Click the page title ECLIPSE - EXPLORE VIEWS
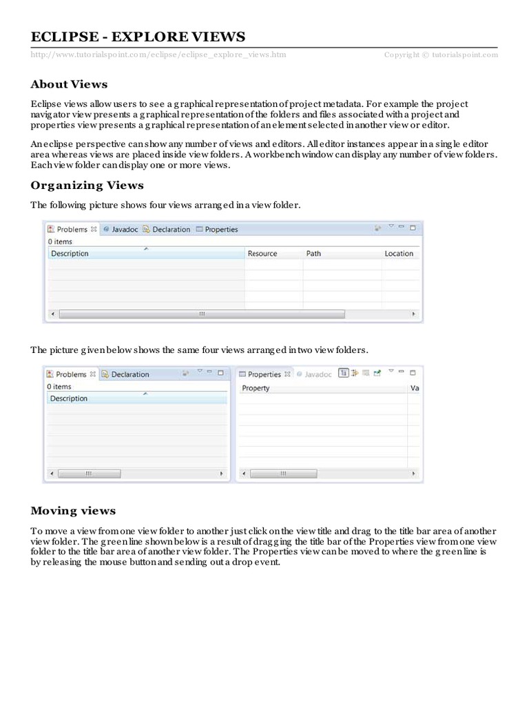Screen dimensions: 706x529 tap(138, 37)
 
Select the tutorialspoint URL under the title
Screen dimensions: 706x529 tap(158, 54)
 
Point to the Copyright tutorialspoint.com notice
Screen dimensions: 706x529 tap(440, 54)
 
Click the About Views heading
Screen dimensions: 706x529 tap(69, 84)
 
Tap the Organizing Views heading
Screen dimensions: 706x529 tap(87, 185)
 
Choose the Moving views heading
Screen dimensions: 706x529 tap(73, 511)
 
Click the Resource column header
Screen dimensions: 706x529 tap(262, 254)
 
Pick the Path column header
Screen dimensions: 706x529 tap(313, 254)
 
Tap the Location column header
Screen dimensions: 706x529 tap(399, 254)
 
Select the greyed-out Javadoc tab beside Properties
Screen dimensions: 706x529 tap(318, 374)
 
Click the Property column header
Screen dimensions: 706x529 tap(256, 388)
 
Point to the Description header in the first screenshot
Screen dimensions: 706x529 tap(70, 254)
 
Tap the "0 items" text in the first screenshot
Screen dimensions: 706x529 tap(60, 242)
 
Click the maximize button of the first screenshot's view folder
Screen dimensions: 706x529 tap(413, 227)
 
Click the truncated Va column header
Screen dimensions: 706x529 tap(415, 388)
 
